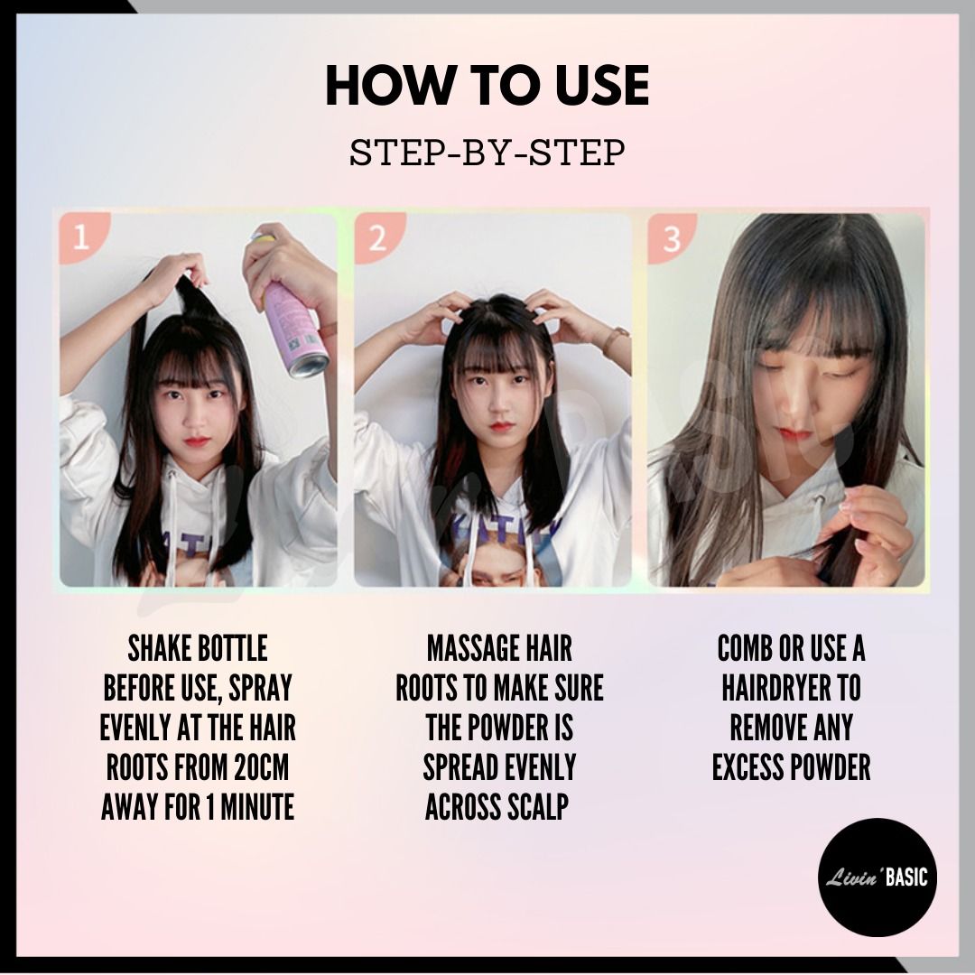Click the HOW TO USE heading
click(x=487, y=85)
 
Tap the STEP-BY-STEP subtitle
click(x=487, y=153)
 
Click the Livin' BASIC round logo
click(x=877, y=877)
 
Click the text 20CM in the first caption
click(x=261, y=768)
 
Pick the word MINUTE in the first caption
click(x=256, y=808)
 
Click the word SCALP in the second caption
click(x=538, y=808)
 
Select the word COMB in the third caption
click(x=743, y=648)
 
